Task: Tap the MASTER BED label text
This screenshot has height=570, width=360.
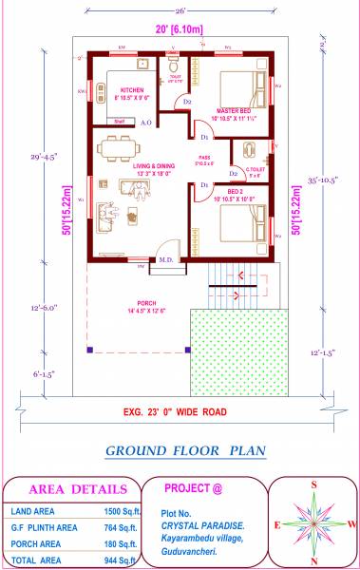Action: [x=232, y=110]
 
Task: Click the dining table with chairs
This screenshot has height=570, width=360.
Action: [x=119, y=146]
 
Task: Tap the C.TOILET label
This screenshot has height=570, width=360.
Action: [x=254, y=171]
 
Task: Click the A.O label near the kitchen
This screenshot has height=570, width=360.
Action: [x=146, y=123]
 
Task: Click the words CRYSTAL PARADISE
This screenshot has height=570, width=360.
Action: [x=201, y=524]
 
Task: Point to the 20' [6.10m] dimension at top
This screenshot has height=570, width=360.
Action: [x=180, y=29]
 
